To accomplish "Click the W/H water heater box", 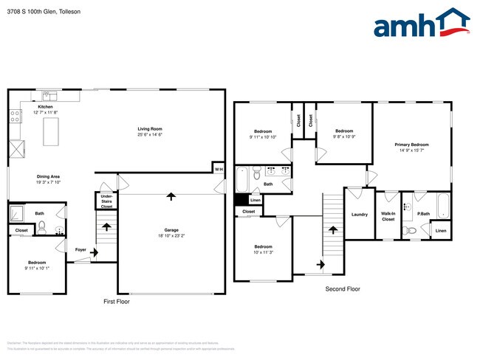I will (219, 170).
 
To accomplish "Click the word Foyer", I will (81, 250).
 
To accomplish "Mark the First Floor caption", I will (117, 302).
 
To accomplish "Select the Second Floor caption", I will (343, 289).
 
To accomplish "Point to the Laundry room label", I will (360, 215).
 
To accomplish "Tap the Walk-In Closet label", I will (388, 216).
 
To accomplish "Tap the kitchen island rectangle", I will (52, 131).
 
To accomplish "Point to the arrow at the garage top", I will (171, 196).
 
